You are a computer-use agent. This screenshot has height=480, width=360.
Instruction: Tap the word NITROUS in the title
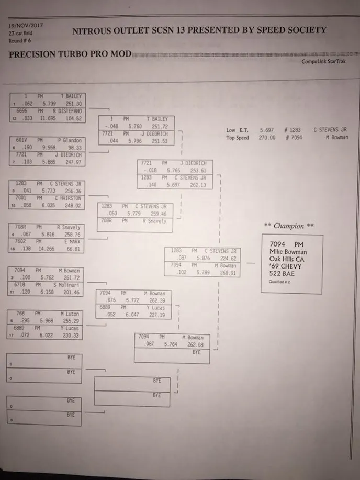(92, 30)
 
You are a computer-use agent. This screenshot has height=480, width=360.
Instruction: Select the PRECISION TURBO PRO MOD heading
(70, 54)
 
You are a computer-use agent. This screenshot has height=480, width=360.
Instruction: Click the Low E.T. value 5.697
(266, 130)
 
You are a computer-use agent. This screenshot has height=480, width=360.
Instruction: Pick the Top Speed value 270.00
(266, 138)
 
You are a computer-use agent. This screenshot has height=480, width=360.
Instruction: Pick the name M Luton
(72, 314)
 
